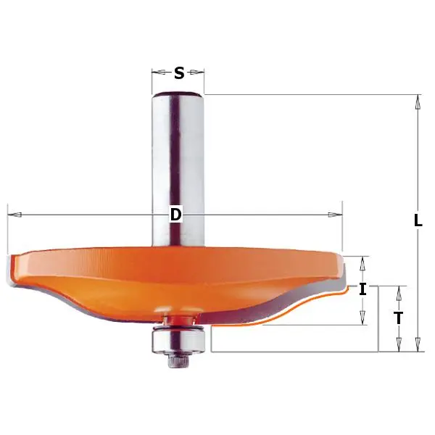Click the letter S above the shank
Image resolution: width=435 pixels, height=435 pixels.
pyautogui.click(x=179, y=72)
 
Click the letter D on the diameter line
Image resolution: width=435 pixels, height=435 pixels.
pyautogui.click(x=175, y=215)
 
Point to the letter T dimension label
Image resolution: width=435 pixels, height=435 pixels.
pyautogui.click(x=397, y=318)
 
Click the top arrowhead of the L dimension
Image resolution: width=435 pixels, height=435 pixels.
pyautogui.click(x=418, y=101)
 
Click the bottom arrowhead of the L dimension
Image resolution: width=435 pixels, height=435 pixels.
pyautogui.click(x=418, y=347)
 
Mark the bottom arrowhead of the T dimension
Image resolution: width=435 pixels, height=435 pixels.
pyautogui.click(x=397, y=347)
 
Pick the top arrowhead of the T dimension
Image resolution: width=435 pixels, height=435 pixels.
pyautogui.click(x=397, y=291)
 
